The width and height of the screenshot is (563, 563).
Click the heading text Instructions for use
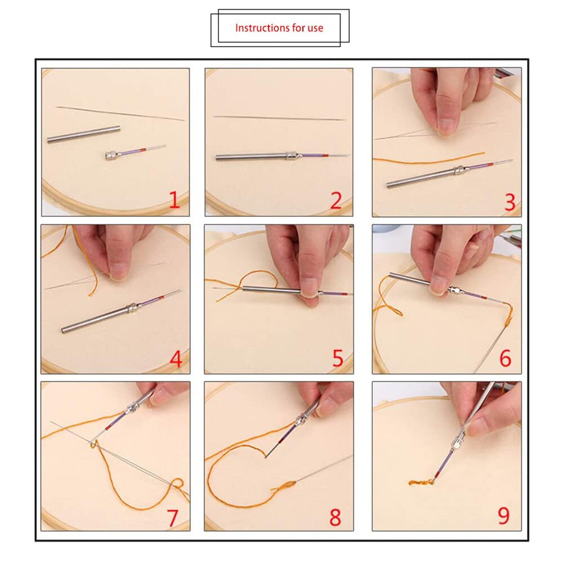(x=279, y=28)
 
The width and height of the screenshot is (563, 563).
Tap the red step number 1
(x=174, y=200)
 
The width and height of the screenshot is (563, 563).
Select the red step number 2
(x=336, y=200)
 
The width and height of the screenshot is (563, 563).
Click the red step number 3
(x=510, y=202)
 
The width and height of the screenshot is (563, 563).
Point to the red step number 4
(x=176, y=359)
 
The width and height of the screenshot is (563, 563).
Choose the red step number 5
(x=338, y=358)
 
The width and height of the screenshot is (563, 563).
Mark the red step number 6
(x=505, y=358)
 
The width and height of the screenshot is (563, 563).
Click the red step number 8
(x=336, y=517)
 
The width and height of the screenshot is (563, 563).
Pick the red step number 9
(x=503, y=515)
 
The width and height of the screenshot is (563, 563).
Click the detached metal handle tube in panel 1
(x=83, y=135)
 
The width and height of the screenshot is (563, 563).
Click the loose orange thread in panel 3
(x=428, y=159)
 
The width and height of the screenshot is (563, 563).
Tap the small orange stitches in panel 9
(x=421, y=482)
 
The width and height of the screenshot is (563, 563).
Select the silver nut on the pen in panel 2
(x=292, y=155)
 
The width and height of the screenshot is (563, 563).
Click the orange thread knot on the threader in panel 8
(x=284, y=485)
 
